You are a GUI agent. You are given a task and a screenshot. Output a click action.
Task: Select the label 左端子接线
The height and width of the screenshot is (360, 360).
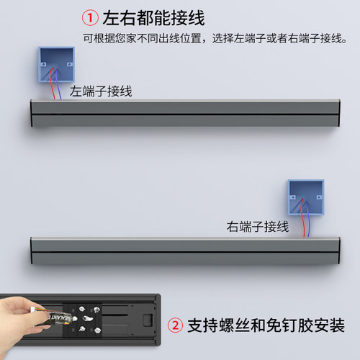click(100, 91)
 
